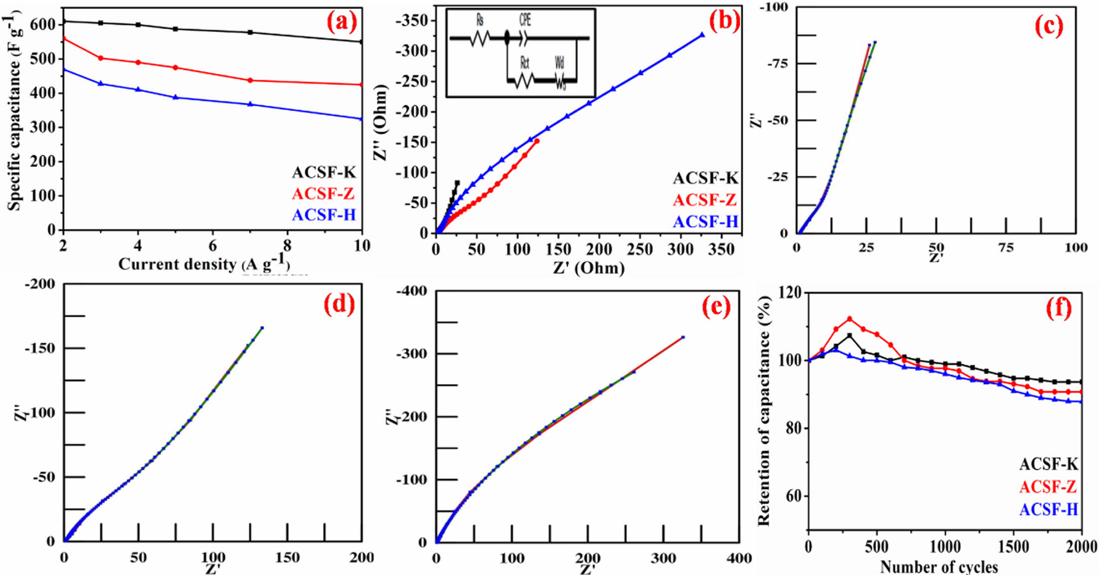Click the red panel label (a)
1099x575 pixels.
coord(342,22)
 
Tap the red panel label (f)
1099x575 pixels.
coord(1058,309)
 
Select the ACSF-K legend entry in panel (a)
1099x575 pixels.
coord(324,173)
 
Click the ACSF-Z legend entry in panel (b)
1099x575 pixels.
coord(705,200)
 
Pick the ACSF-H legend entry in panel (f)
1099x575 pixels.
coord(1049,509)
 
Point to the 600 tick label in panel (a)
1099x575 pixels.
coord(43,24)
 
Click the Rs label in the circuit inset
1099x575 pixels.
coord(480,20)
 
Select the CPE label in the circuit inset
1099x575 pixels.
coord(525,20)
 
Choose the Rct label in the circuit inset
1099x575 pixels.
coord(524,63)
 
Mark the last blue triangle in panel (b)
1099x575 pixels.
coord(702,35)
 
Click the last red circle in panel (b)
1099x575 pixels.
coord(537,141)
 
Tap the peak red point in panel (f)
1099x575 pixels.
coord(850,319)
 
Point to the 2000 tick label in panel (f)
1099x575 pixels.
coord(1081,547)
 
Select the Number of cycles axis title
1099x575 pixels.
coord(939,567)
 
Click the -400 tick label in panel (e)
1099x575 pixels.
coord(412,291)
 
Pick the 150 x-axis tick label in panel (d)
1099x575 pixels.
coord(288,558)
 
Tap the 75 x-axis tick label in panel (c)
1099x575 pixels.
coord(1006,248)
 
